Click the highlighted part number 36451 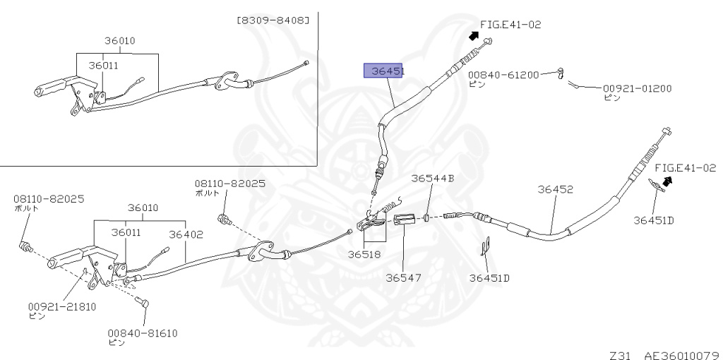pos(383,71)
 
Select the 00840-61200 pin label pos(503,74)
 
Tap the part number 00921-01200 pos(637,89)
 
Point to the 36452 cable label pos(555,189)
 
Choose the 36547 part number pos(403,277)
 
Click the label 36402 pos(186,232)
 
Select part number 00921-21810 pos(62,307)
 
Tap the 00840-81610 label pos(143,332)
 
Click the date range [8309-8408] pos(273,20)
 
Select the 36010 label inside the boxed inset pos(117,41)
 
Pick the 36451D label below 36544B pos(489,277)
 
